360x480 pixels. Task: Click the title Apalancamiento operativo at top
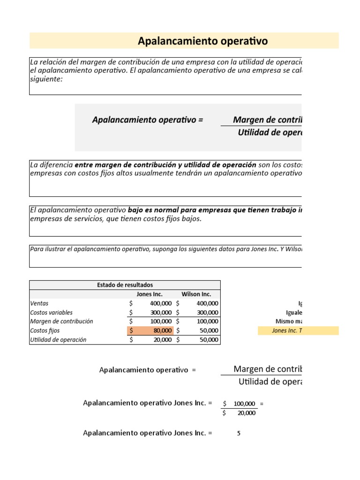[x=202, y=41]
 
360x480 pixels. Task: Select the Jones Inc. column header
[x=149, y=294]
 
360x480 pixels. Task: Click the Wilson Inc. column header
[x=196, y=294]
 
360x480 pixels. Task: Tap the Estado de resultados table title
[x=125, y=285]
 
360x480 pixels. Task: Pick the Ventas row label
[x=39, y=303]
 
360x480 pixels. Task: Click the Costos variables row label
[x=51, y=312]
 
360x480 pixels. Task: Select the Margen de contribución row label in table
[x=61, y=322]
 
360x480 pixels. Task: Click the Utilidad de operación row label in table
[x=58, y=340]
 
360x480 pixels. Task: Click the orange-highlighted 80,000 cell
[x=150, y=330]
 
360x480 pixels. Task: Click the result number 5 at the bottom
[x=239, y=433]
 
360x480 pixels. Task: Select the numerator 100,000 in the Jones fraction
[x=244, y=403]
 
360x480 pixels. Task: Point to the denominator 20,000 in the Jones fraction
[x=246, y=413]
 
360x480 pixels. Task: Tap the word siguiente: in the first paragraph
[x=46, y=79]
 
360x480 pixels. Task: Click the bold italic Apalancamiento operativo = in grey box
[x=148, y=120]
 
